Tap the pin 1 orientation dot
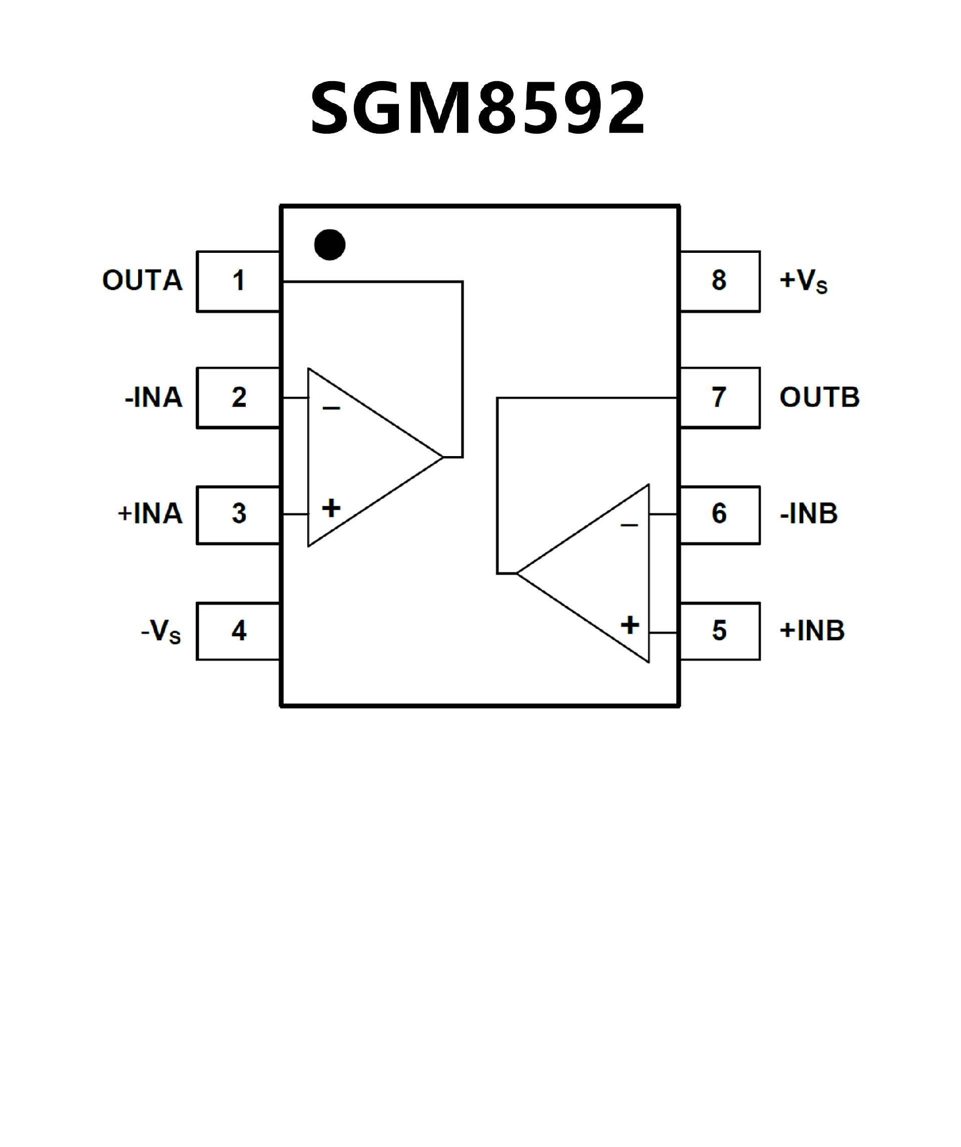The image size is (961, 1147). (x=330, y=245)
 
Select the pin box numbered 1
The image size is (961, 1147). (x=238, y=281)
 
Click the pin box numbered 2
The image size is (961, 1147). (x=238, y=398)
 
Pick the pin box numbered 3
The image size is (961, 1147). (x=238, y=514)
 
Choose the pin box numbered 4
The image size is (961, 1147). (x=238, y=631)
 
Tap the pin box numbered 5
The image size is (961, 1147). (x=720, y=631)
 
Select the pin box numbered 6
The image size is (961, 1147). (x=720, y=514)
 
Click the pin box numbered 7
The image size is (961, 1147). (x=720, y=398)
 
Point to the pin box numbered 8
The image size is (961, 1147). (x=720, y=281)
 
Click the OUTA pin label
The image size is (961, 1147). (x=143, y=281)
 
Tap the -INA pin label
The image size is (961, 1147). (x=154, y=398)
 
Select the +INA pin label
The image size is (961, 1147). (x=150, y=514)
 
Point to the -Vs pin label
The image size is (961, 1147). (x=161, y=632)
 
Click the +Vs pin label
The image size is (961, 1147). (x=803, y=281)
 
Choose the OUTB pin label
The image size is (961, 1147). (x=819, y=398)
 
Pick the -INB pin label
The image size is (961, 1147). (x=809, y=514)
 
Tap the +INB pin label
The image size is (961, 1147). (x=812, y=631)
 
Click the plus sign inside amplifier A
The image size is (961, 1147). (x=331, y=509)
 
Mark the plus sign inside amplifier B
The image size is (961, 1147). (x=630, y=625)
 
